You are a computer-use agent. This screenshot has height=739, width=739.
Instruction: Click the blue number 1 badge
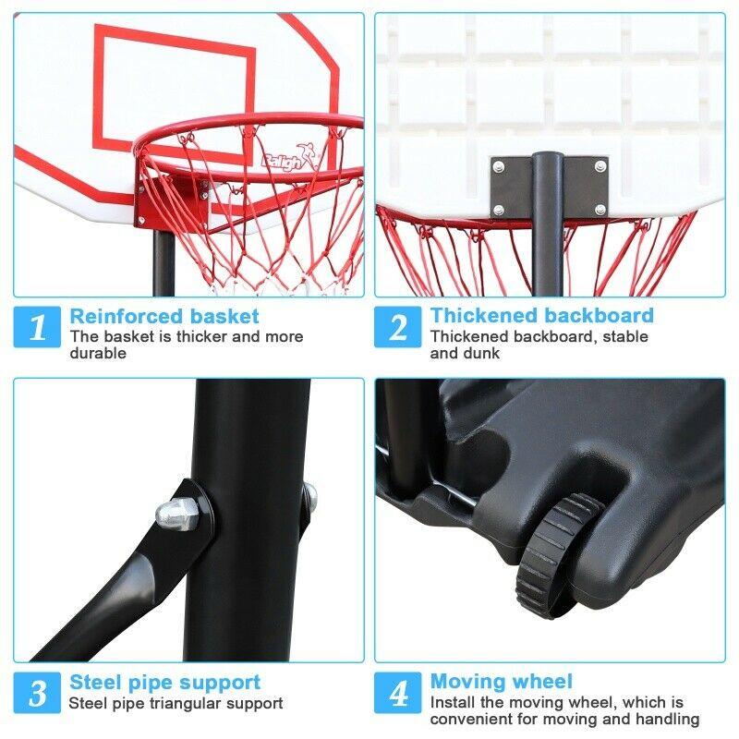click(x=37, y=327)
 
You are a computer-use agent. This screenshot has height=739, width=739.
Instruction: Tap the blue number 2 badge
click(x=398, y=327)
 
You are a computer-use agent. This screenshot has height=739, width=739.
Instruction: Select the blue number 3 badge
click(x=37, y=692)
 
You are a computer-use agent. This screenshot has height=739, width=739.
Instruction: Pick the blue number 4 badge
click(x=398, y=692)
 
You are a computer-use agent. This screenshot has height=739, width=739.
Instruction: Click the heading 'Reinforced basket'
click(x=164, y=316)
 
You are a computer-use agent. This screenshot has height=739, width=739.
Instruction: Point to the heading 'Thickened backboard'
click(x=542, y=316)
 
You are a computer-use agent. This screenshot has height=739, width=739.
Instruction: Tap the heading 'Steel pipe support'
click(x=165, y=683)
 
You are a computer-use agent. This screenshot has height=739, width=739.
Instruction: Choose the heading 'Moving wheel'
click(x=502, y=682)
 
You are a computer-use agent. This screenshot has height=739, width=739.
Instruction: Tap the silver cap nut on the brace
click(x=176, y=514)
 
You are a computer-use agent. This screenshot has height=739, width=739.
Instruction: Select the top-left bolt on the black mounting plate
click(x=498, y=166)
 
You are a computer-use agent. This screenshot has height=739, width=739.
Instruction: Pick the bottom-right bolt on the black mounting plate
click(x=600, y=209)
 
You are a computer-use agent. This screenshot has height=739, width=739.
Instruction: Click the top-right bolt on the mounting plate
click(x=600, y=166)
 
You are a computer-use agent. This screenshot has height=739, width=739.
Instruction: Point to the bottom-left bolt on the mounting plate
click(x=498, y=210)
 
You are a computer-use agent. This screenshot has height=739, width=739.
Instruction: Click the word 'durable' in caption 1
click(x=98, y=353)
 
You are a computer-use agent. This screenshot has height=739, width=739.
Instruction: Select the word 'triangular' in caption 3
click(x=186, y=704)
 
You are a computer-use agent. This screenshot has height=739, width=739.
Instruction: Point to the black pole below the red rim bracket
click(x=164, y=263)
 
